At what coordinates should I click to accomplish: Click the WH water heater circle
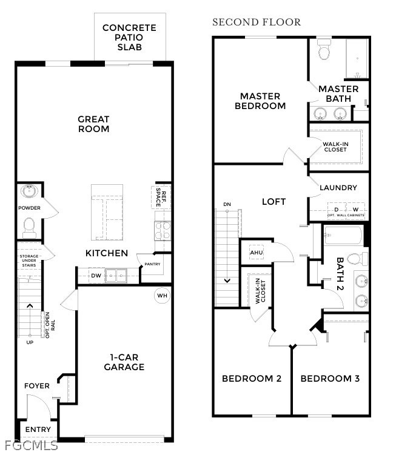[x=162, y=296]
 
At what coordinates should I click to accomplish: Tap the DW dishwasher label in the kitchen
[x=95, y=276]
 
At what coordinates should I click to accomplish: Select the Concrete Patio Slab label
[x=129, y=37]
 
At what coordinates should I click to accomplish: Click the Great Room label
[x=93, y=124]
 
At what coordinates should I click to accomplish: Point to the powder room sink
[x=29, y=192]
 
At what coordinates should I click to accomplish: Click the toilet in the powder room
[x=29, y=227]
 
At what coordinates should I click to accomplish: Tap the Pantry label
[x=152, y=264]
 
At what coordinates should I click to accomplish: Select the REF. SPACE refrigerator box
[x=160, y=197]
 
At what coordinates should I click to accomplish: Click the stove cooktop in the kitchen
[x=162, y=230]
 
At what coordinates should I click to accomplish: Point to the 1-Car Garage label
[x=124, y=362]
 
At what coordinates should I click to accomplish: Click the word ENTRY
[x=38, y=430]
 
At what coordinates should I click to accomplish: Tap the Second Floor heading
[x=256, y=22]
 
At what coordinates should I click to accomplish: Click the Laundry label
[x=338, y=188]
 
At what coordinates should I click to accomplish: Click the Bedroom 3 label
[x=330, y=379]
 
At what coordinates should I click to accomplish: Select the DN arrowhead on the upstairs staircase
[x=227, y=281]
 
